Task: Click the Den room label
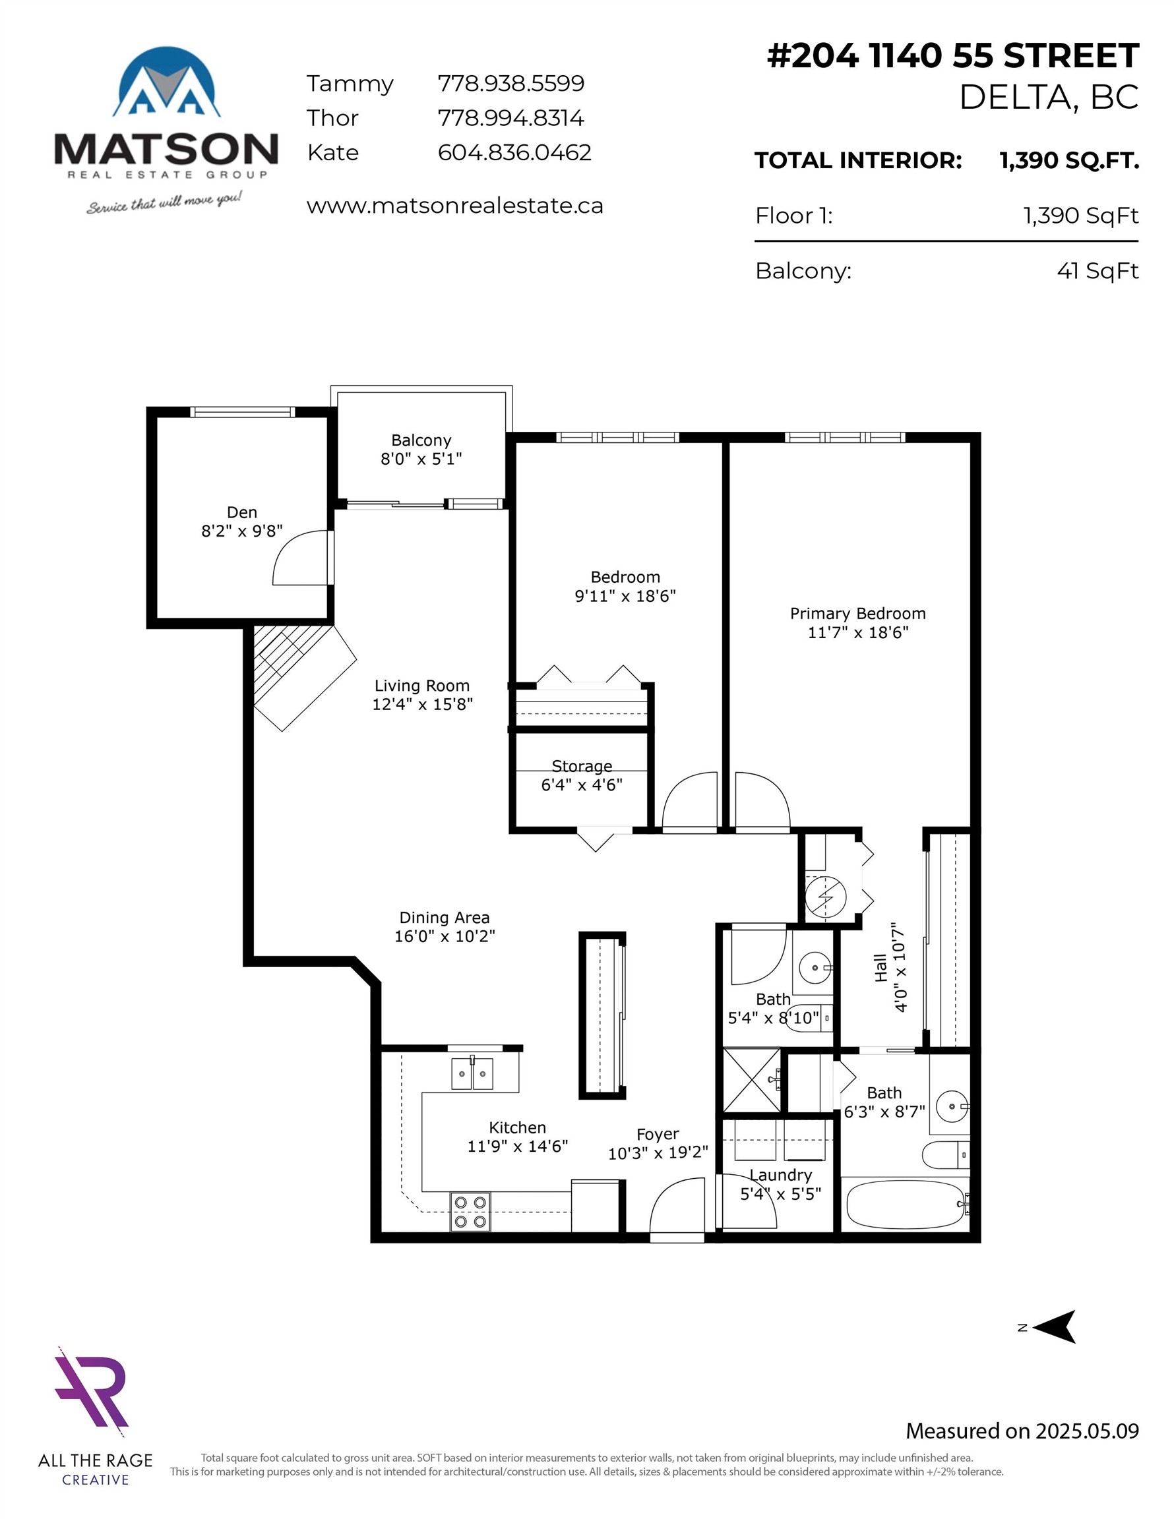tap(241, 512)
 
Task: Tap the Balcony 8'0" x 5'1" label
tap(421, 449)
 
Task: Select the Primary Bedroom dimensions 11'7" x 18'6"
tap(857, 632)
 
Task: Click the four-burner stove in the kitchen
tap(470, 1212)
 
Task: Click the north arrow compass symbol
tap(1055, 1327)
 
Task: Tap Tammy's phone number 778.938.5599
tap(510, 84)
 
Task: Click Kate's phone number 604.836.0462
tap(514, 152)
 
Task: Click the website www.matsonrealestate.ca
tap(454, 206)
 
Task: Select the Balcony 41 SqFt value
tap(1097, 270)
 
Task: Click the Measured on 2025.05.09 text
tap(1022, 1431)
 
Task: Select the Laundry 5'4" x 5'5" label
tap(780, 1185)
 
